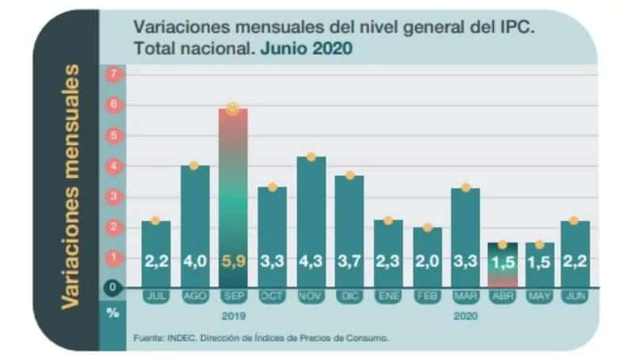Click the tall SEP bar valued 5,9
click(233, 198)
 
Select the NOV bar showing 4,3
click(311, 222)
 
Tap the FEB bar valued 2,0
click(427, 258)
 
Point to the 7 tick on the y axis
click(113, 74)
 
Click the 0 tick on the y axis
click(113, 287)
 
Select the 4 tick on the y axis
click(113, 166)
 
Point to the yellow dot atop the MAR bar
click(466, 187)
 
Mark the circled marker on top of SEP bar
click(232, 109)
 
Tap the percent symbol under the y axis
click(113, 312)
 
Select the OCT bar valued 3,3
click(272, 238)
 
